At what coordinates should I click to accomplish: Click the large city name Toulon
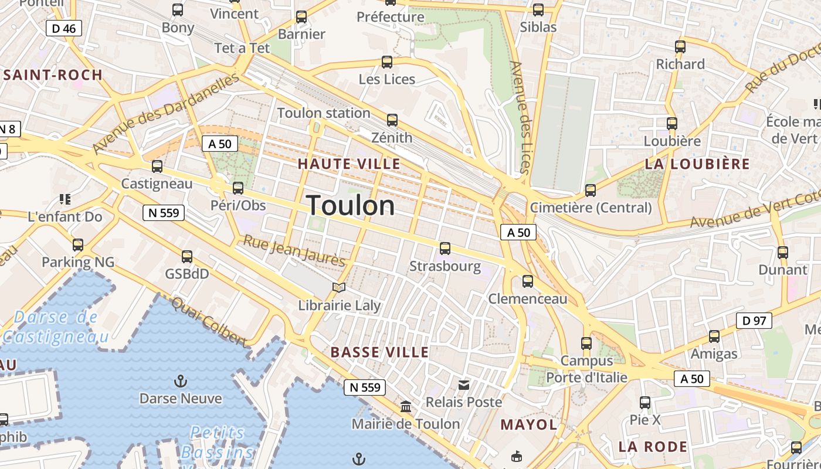tap(351, 205)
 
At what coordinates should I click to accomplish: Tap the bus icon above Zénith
tap(392, 120)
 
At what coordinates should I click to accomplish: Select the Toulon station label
tap(324, 113)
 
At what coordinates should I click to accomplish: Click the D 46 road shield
tap(63, 28)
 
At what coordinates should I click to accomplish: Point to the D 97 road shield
tap(754, 321)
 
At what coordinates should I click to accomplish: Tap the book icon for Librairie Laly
tap(339, 287)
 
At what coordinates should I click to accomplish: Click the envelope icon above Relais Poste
tap(464, 385)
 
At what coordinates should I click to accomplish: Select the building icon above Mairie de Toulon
tap(406, 406)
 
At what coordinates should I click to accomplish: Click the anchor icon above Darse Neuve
tap(181, 382)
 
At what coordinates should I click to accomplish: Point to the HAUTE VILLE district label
tap(349, 164)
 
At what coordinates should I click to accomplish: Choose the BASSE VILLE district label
tap(379, 352)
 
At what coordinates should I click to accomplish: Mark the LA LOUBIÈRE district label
tap(697, 164)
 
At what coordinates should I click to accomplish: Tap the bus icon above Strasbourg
tap(445, 249)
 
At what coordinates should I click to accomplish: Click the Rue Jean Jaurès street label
tap(294, 250)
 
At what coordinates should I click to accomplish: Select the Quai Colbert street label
tap(209, 321)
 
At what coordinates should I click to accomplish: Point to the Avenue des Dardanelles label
tap(167, 112)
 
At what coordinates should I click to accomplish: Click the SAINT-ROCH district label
tap(53, 75)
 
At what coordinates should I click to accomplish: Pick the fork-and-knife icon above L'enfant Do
tap(65, 199)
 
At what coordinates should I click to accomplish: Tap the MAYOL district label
tap(528, 424)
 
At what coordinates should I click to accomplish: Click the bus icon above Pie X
tap(645, 403)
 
